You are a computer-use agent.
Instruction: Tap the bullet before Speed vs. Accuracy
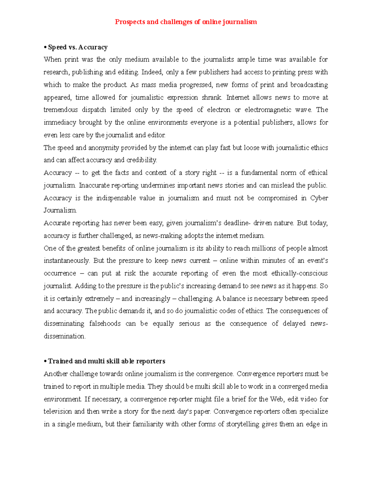tap(45, 47)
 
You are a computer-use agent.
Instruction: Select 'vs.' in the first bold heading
tap(73, 47)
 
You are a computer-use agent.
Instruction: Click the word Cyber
tap(319, 198)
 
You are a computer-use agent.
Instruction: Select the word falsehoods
tap(105, 324)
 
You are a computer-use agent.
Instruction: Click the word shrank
tap(212, 98)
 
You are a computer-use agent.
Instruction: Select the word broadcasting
tap(309, 85)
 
